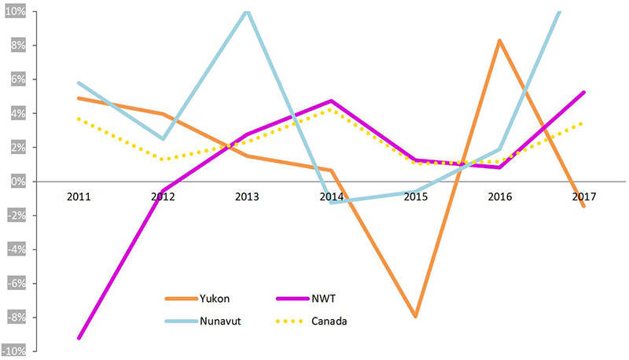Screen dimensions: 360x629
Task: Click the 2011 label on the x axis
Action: [79, 197]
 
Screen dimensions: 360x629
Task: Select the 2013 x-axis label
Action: [247, 197]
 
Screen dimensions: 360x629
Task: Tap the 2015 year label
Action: [415, 197]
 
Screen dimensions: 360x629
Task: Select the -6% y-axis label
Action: [17, 283]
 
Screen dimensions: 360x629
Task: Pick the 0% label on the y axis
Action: [18, 182]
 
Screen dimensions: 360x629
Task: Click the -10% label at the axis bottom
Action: [15, 351]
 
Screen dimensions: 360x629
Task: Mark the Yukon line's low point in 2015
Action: [415, 317]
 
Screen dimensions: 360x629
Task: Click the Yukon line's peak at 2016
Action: [499, 40]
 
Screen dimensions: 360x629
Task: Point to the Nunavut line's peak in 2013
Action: [247, 11]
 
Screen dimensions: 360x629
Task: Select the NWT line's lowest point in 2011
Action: [79, 338]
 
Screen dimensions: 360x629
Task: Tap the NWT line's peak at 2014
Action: [331, 101]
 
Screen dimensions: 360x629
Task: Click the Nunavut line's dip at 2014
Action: [331, 203]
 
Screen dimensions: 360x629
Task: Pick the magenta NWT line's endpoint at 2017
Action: [583, 92]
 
